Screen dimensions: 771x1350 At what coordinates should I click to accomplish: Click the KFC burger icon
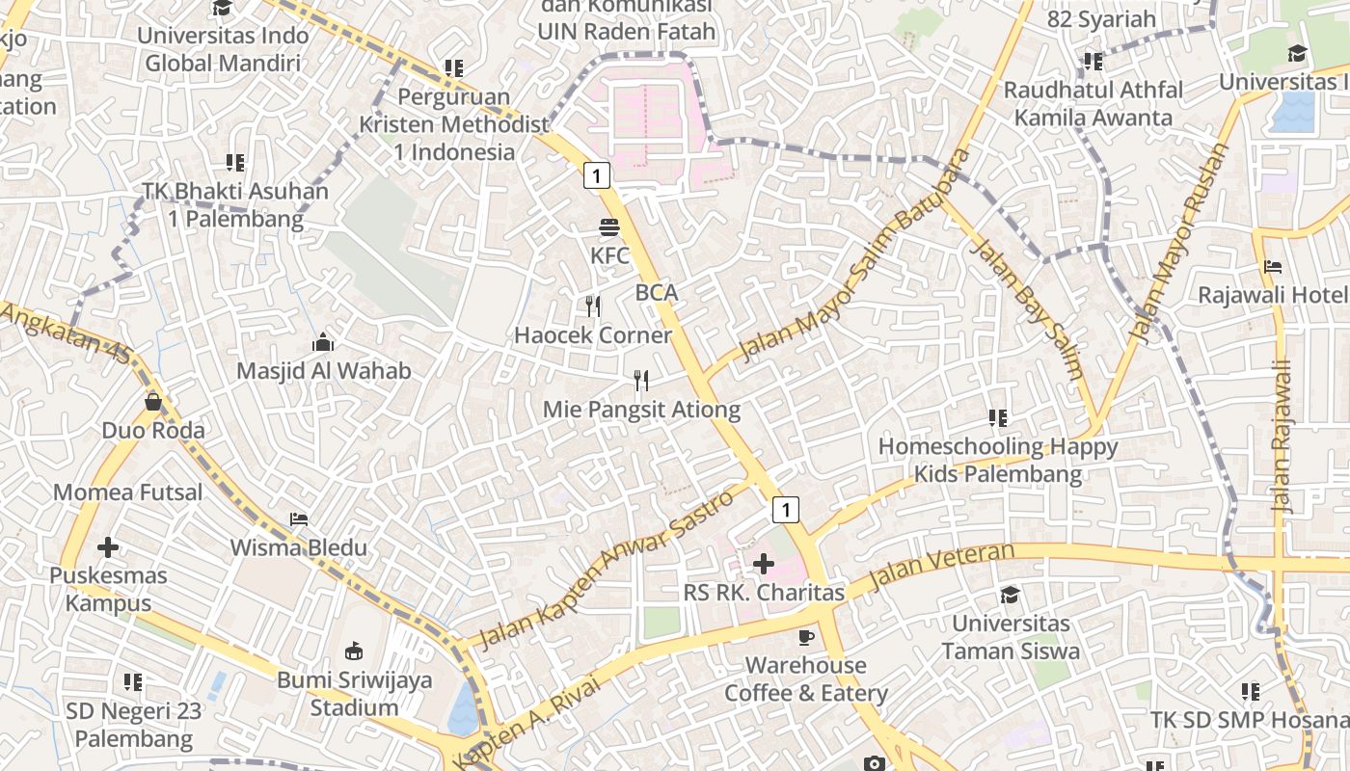[609, 228]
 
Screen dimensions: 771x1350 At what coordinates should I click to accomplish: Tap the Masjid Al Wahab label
[324, 371]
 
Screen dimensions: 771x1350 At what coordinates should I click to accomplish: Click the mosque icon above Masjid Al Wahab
[323, 342]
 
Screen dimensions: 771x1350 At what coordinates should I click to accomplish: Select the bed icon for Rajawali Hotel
[1273, 267]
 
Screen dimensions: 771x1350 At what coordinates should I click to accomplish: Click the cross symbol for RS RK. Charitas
[764, 564]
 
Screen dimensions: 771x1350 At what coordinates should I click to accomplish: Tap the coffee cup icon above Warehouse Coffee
[806, 637]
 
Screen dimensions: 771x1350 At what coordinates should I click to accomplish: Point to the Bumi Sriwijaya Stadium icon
[353, 651]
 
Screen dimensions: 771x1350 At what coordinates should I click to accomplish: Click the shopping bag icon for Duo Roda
[153, 401]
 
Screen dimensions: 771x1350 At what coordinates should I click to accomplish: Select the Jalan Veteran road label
[941, 568]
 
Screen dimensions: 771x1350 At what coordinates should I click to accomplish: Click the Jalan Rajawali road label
[1281, 436]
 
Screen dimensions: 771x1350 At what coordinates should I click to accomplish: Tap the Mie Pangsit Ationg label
[641, 410]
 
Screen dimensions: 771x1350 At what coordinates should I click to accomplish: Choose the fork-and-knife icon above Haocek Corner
[593, 306]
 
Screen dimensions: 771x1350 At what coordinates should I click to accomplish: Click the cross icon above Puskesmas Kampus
[108, 547]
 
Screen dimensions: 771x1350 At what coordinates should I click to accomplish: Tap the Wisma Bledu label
[298, 548]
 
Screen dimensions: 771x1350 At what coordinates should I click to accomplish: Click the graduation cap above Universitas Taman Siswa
[1010, 595]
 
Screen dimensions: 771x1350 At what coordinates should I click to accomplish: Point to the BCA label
[657, 293]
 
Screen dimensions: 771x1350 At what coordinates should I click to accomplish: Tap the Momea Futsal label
[128, 492]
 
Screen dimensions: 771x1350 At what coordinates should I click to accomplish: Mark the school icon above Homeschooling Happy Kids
[998, 418]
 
